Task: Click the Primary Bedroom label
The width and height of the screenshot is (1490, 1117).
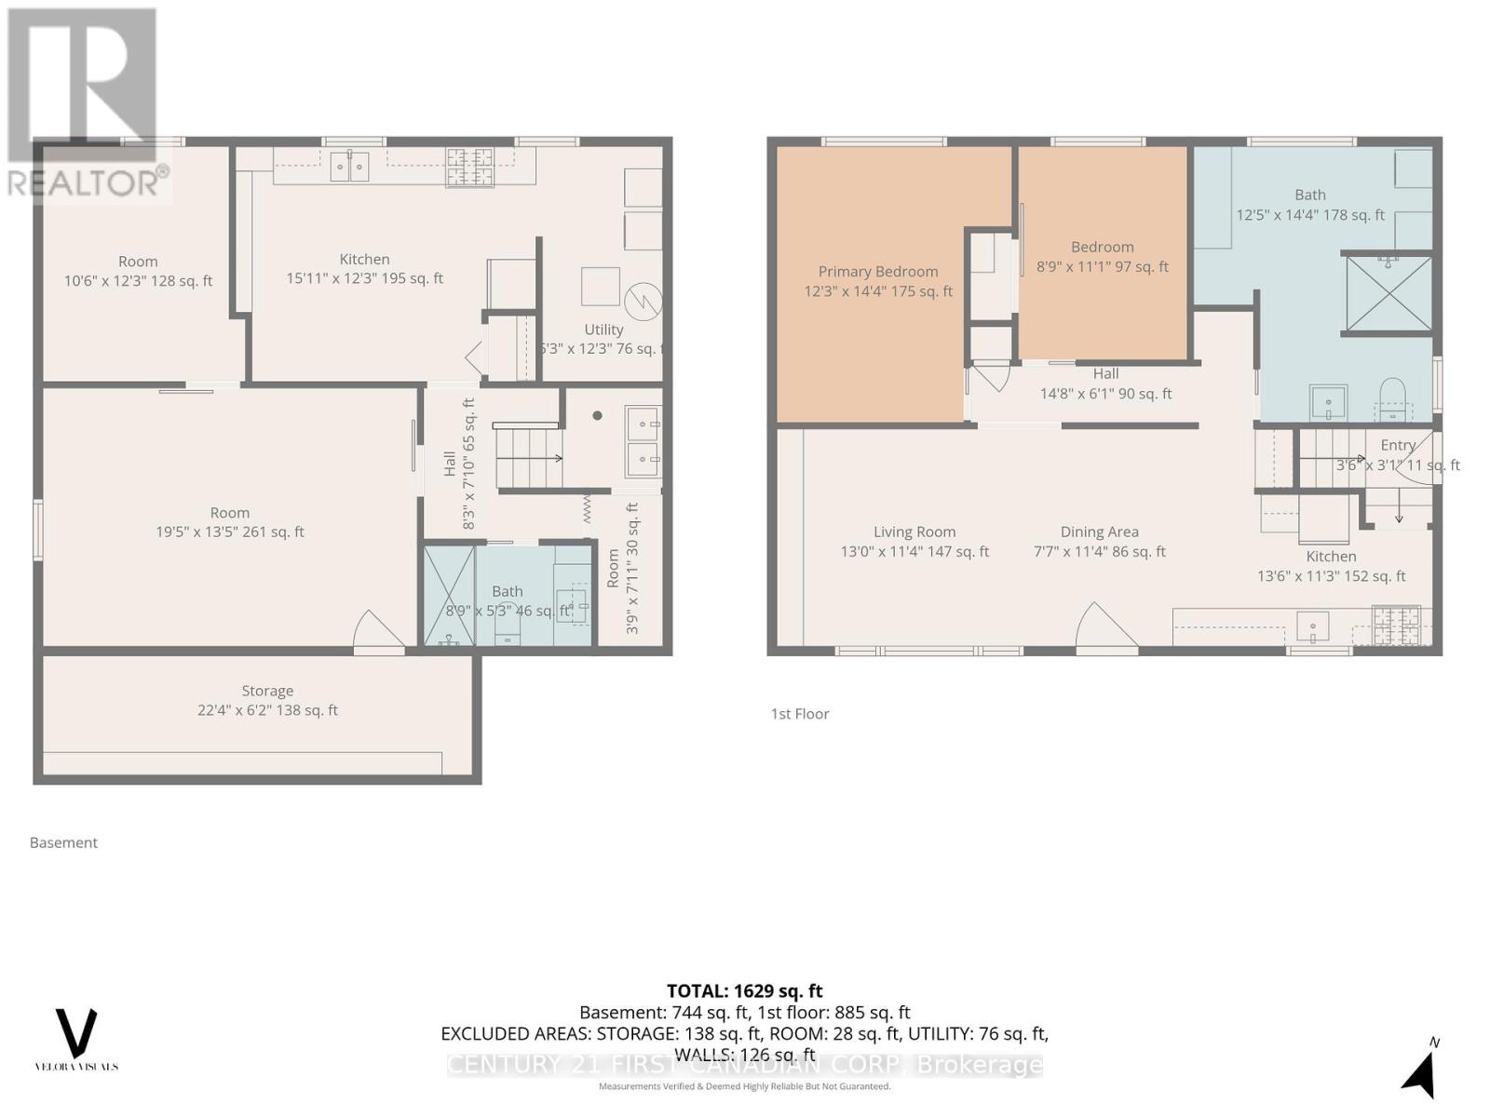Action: [878, 281]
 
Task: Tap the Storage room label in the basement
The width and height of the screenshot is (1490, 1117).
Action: [267, 700]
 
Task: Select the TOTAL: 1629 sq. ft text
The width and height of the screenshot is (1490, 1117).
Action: [744, 991]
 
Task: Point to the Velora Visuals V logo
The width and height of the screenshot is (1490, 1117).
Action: [76, 1033]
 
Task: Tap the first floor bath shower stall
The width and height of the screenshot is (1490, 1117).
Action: [1388, 292]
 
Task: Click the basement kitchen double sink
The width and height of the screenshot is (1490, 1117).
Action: [349, 168]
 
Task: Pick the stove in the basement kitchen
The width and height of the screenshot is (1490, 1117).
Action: [469, 168]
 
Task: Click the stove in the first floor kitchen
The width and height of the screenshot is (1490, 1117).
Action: [1395, 625]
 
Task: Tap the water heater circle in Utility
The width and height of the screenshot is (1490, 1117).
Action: [643, 300]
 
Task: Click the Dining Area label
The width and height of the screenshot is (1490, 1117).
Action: [1099, 541]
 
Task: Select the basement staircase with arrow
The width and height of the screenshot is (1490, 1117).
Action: [528, 457]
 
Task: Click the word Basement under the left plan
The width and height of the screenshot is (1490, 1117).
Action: [63, 842]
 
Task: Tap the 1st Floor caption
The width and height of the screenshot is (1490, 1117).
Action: [799, 714]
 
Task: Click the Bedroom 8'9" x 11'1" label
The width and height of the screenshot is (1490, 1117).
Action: [1102, 257]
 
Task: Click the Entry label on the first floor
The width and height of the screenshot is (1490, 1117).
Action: [1397, 446]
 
